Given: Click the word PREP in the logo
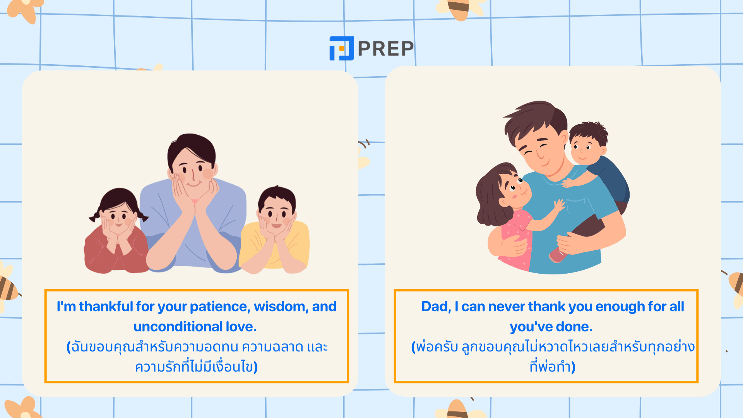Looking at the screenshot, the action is tap(386, 48).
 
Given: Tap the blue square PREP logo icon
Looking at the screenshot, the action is tap(341, 48).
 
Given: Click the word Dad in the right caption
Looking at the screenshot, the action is tap(436, 307).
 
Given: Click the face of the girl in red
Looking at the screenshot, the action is tap(118, 216).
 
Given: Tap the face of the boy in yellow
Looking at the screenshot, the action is tap(277, 215).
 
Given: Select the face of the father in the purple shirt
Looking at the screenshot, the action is tap(193, 170).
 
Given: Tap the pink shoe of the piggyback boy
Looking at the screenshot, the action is tap(557, 255).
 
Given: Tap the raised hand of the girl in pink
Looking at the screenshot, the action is tap(559, 205).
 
